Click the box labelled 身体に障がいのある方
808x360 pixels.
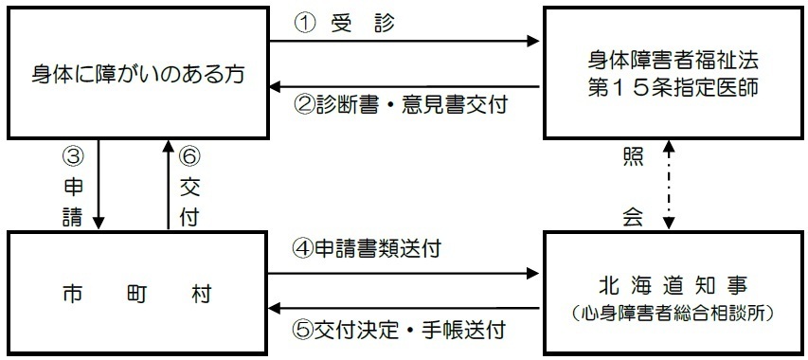click(x=136, y=73)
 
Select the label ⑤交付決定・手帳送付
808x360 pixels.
click(x=398, y=331)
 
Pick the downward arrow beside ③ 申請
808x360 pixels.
click(x=99, y=185)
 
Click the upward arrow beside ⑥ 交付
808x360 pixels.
click(x=168, y=185)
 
